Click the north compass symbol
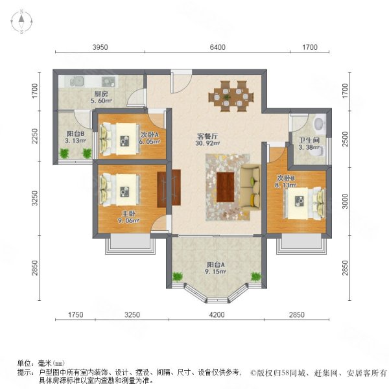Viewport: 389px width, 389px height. pos(21,23)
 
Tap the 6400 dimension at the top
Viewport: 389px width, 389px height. pos(217,47)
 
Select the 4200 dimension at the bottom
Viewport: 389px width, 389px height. pos(216,315)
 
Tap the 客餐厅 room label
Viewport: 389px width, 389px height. pos(208,137)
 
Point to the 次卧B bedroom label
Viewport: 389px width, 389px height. pos(286,178)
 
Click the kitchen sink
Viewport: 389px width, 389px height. pos(75,82)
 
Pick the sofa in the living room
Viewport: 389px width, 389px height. pos(250,185)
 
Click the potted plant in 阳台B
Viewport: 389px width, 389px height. pos(64,153)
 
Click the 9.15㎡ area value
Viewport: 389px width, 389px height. pos(216,273)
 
